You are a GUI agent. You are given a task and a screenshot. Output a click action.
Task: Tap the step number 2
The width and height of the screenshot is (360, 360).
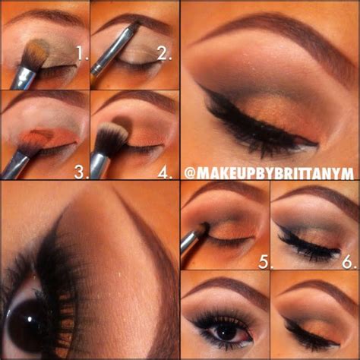coord(162,54)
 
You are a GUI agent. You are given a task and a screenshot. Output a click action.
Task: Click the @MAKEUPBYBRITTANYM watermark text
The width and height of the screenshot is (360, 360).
coord(270,174)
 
